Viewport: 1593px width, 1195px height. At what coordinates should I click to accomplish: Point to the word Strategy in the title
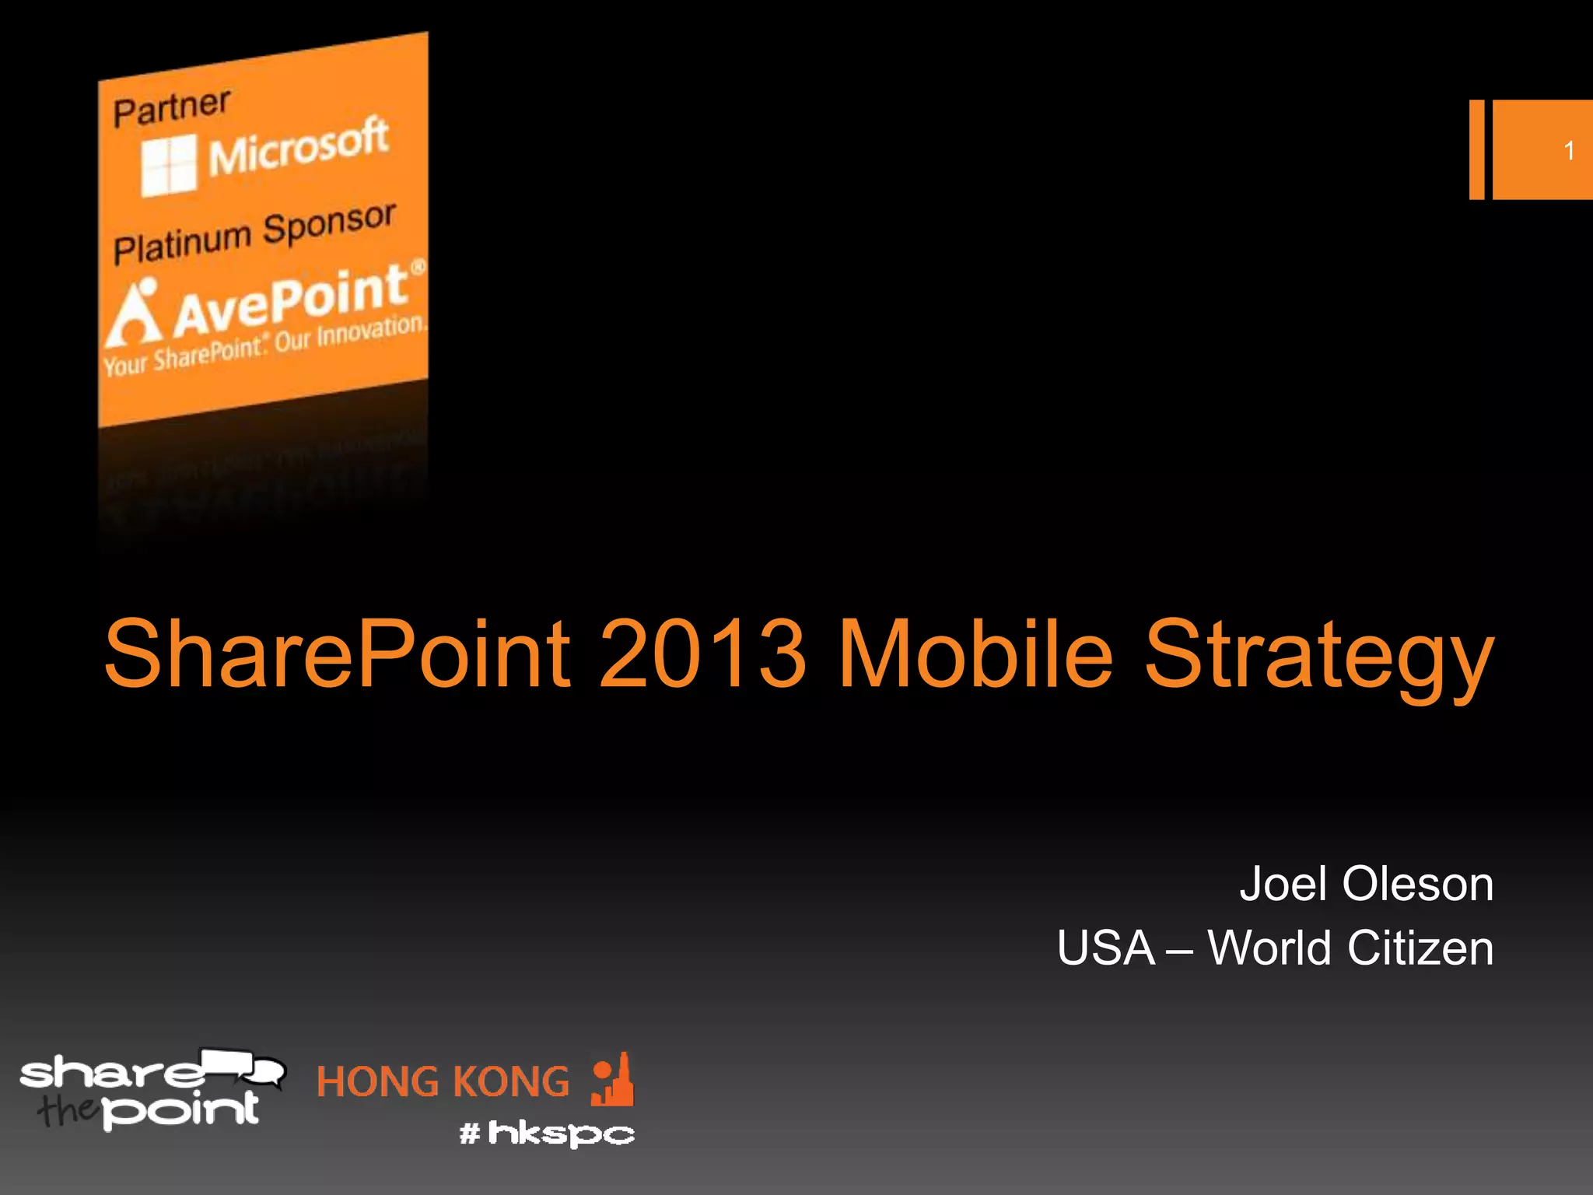(1319, 657)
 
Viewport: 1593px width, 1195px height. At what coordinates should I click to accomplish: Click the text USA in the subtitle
(1105, 948)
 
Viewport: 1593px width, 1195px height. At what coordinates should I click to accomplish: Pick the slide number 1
(1569, 150)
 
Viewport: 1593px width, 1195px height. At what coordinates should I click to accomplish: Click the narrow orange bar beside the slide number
(1476, 149)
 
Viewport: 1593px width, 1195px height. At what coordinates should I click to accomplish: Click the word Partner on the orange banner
(171, 107)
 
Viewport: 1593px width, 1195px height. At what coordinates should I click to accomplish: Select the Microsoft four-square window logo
(169, 165)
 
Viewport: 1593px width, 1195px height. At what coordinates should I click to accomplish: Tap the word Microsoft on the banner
(298, 147)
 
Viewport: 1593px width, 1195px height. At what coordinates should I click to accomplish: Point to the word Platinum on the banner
(182, 242)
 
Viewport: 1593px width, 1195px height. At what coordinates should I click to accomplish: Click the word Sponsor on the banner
(329, 223)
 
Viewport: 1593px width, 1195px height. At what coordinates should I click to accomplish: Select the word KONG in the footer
(510, 1082)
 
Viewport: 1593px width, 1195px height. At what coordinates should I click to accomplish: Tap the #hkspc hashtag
(547, 1133)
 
